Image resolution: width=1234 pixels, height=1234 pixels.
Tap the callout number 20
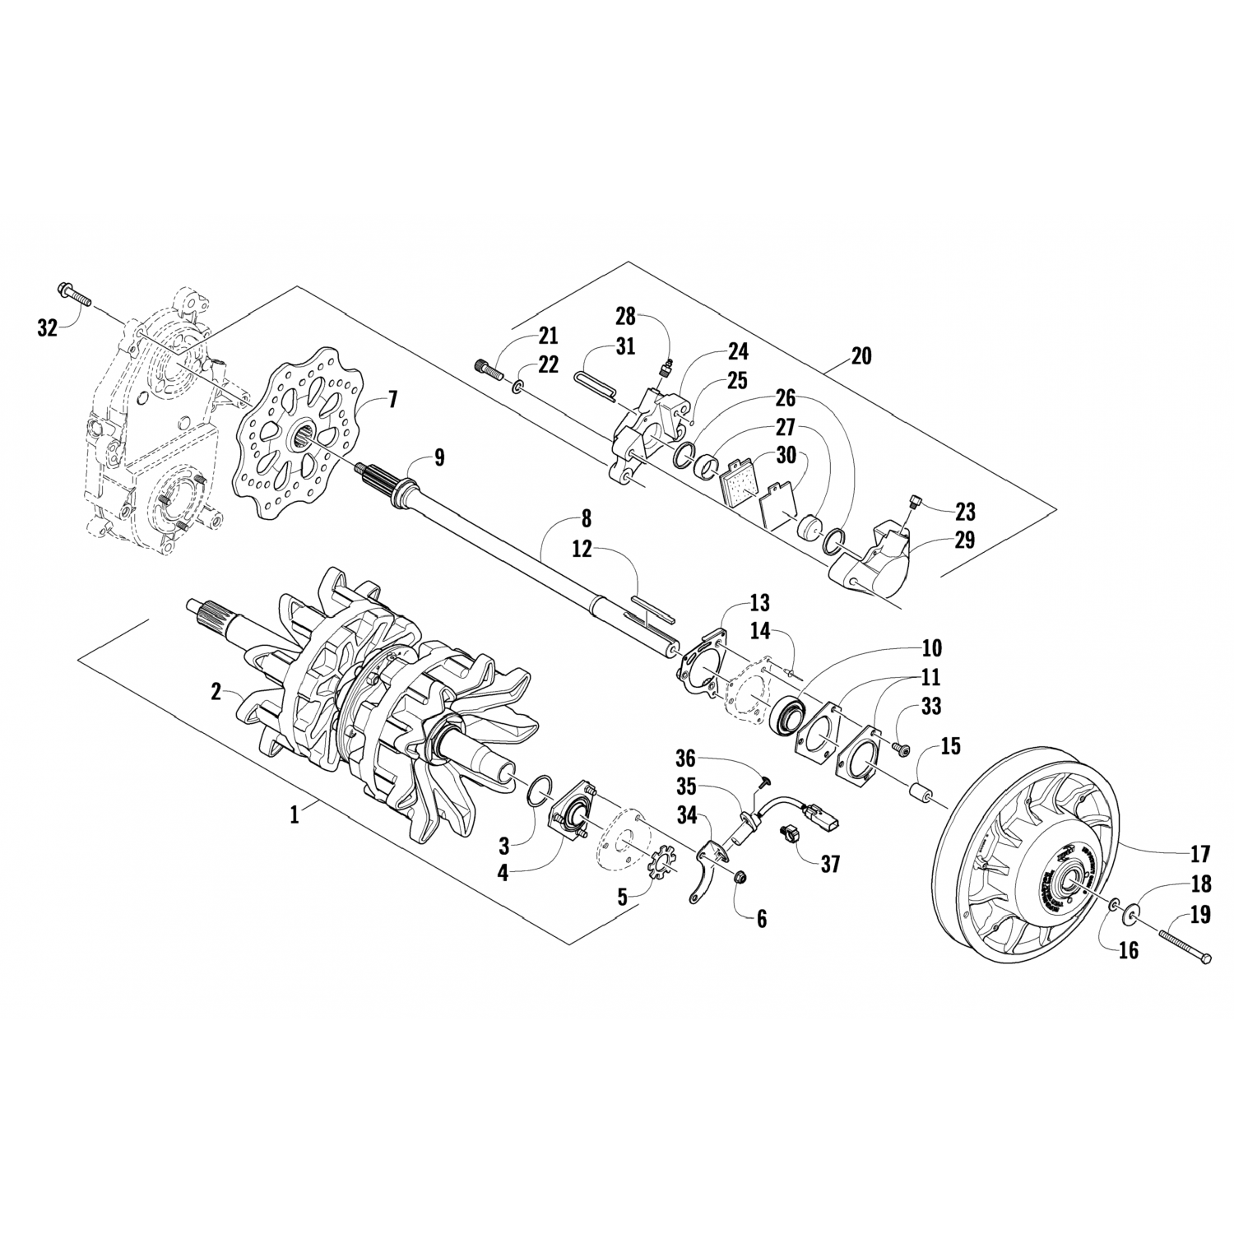(861, 356)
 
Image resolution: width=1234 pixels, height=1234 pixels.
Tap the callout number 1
(293, 814)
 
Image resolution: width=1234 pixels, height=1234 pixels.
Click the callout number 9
(439, 457)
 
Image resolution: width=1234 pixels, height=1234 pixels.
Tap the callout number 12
(582, 550)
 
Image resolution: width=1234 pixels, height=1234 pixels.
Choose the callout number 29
(964, 540)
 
